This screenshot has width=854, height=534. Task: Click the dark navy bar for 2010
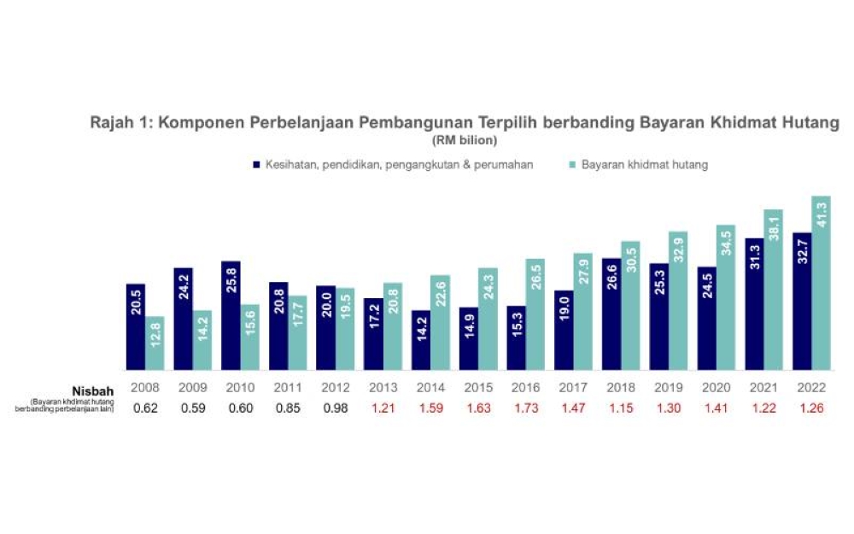pyautogui.click(x=231, y=315)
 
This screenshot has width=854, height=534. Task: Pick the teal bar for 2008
pyautogui.click(x=155, y=343)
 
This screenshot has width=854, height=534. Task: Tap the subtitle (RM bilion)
pyautogui.click(x=465, y=139)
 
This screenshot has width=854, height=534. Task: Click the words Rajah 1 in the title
pyautogui.click(x=120, y=122)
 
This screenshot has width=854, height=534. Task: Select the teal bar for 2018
pyautogui.click(x=630, y=306)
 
